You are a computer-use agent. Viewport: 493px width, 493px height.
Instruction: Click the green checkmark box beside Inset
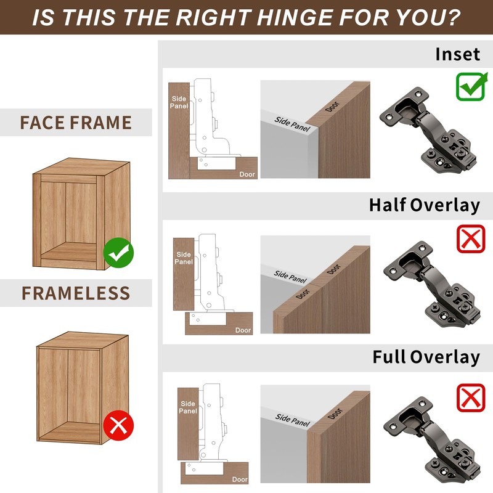(x=471, y=87)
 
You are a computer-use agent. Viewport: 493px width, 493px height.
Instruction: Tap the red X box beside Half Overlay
(x=471, y=239)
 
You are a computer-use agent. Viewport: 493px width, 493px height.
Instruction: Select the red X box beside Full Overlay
(x=471, y=397)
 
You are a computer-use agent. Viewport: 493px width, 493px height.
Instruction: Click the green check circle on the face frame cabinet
(x=119, y=251)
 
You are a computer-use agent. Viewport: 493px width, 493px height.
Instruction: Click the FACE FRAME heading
(x=76, y=123)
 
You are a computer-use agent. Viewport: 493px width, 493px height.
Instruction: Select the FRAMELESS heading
(x=76, y=293)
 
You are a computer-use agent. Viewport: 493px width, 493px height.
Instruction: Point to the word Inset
(x=457, y=54)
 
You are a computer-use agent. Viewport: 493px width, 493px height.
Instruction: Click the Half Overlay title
(x=424, y=205)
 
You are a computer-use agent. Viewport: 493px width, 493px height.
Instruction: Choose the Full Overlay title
(x=426, y=357)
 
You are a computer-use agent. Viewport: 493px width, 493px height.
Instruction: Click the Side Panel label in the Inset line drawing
(x=179, y=102)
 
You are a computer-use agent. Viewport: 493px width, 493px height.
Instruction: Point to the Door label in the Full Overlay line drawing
(x=240, y=479)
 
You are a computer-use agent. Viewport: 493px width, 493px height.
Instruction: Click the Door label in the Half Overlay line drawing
(x=243, y=330)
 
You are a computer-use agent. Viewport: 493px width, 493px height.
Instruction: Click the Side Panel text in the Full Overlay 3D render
(x=292, y=422)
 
